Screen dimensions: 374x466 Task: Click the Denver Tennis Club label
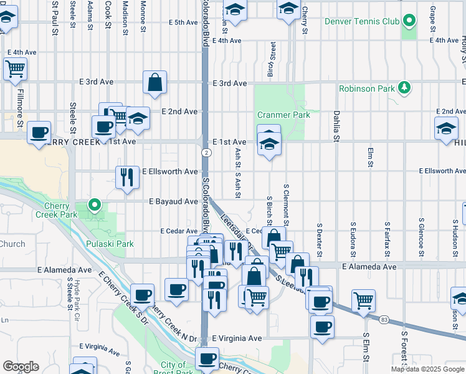pos(362,22)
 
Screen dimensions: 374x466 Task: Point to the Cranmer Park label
pos(283,115)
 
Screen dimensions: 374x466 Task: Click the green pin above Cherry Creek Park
pos(94,204)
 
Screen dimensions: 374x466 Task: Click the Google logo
pos(21,367)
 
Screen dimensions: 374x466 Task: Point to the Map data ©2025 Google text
pos(427,369)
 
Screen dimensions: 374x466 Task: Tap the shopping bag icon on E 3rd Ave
pos(155,82)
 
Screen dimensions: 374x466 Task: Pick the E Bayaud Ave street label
pos(173,201)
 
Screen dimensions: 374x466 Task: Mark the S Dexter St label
pos(319,240)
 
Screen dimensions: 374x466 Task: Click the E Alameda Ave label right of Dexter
pos(368,266)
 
